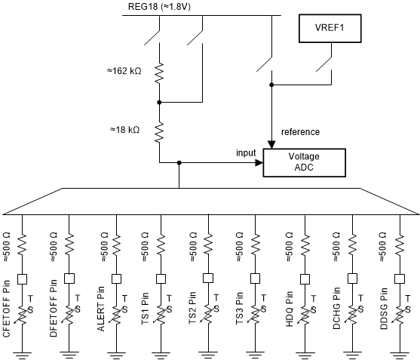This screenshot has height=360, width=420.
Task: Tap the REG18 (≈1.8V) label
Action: click(x=160, y=6)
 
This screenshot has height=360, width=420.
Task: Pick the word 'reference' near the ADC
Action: click(x=300, y=131)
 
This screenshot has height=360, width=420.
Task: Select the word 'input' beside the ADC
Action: click(x=246, y=152)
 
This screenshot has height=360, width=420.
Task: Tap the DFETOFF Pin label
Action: click(x=54, y=309)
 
